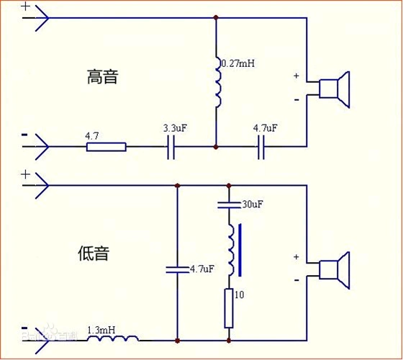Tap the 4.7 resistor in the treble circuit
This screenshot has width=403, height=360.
[x=107, y=147]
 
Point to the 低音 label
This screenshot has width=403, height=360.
[x=93, y=253]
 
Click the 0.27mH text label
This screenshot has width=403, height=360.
[x=240, y=63]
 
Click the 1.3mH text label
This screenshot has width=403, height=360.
[x=101, y=330]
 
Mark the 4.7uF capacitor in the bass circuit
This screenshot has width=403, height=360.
[x=176, y=269]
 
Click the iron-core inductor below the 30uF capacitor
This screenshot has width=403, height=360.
[x=230, y=250]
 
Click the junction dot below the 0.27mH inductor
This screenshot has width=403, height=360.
[x=217, y=147]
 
